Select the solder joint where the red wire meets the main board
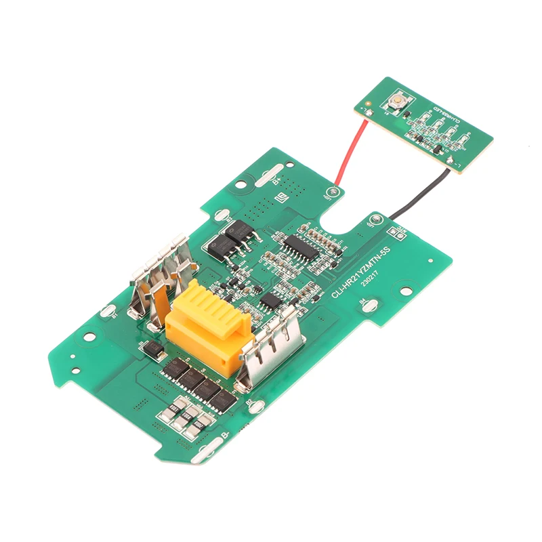tap(334, 192)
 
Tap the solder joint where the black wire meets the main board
tap(375, 221)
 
